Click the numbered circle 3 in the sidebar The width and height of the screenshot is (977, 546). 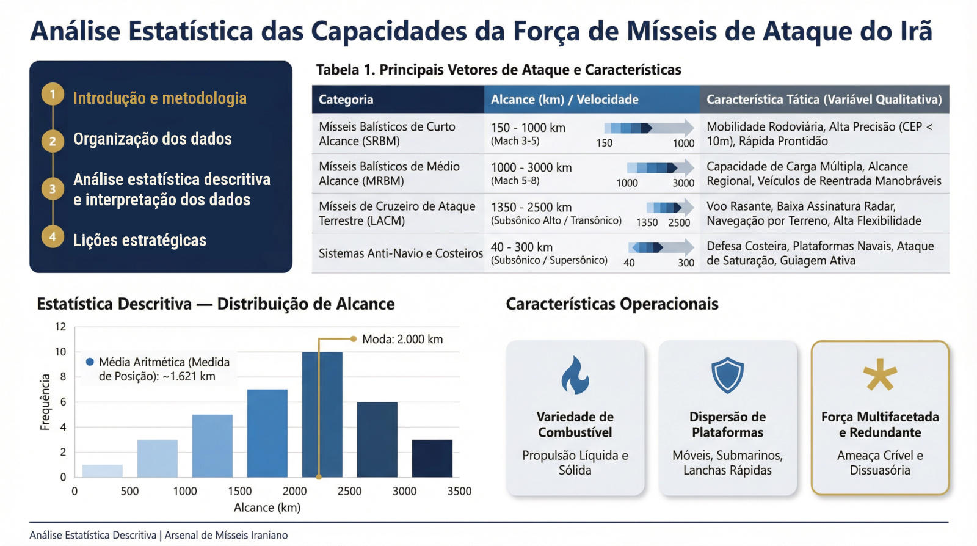53,189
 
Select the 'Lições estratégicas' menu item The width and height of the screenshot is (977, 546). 140,240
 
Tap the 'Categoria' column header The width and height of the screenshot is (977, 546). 346,100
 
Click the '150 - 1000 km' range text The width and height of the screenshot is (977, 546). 528,128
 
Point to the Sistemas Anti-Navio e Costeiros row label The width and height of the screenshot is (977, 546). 401,253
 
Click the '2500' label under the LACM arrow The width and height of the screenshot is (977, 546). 679,222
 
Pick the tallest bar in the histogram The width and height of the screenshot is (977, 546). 322,414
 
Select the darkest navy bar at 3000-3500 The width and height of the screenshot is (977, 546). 432,458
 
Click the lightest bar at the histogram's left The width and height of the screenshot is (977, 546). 103,471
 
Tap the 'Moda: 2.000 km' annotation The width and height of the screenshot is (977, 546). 402,339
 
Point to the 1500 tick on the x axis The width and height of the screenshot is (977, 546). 239,491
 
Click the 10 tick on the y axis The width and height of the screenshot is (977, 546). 60,352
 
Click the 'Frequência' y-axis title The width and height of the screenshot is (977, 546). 45,402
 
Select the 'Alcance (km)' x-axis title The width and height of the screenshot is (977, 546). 267,508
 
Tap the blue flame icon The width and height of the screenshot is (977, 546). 575,375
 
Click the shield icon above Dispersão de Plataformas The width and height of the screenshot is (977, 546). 727,376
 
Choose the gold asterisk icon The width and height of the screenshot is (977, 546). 880,374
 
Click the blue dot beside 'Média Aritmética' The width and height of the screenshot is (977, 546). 90,362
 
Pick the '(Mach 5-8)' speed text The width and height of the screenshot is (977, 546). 515,181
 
